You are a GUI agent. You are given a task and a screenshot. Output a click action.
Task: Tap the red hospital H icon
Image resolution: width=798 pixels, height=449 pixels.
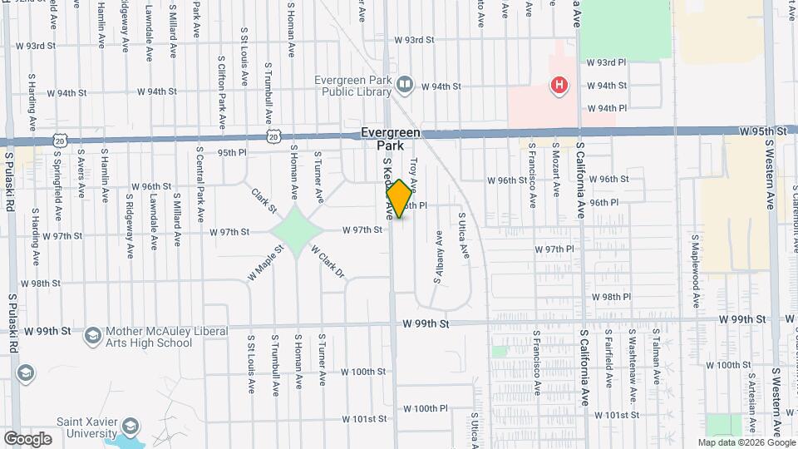coord(559,85)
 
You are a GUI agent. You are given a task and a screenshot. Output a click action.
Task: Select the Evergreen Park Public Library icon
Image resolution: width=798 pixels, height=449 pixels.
coord(404,84)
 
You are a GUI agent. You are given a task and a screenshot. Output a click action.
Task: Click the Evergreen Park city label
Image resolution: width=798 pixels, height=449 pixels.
coord(390,139)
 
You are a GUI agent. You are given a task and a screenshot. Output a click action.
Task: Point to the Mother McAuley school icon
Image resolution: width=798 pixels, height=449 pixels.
coord(92,336)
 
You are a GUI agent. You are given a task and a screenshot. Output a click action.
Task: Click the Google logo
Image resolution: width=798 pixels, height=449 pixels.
coord(27,438)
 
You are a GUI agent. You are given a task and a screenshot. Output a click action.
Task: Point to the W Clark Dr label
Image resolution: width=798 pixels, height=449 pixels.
coord(327,261)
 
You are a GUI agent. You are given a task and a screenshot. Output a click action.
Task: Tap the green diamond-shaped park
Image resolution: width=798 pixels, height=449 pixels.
coord(296,231)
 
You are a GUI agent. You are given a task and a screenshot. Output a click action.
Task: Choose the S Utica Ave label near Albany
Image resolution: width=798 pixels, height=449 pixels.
coord(463,235)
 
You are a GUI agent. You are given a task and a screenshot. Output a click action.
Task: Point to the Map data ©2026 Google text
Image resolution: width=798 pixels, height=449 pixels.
coord(746,442)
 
